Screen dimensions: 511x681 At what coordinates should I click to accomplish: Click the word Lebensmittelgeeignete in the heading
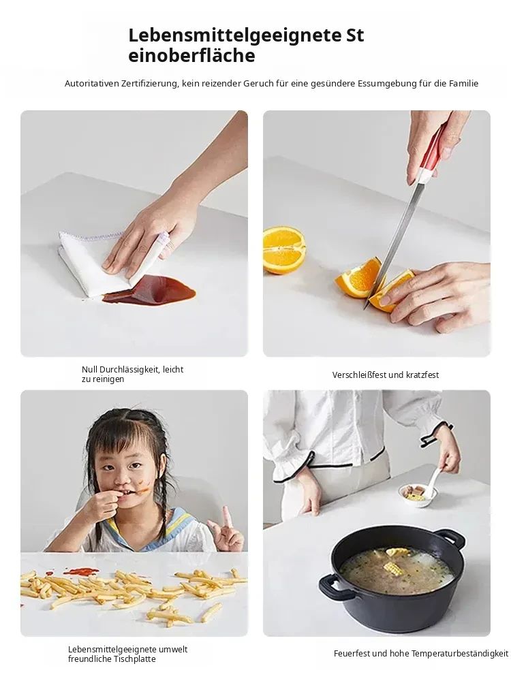234,36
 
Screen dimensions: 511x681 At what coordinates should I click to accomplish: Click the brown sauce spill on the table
150,289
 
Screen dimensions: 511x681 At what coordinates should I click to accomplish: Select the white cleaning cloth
108,262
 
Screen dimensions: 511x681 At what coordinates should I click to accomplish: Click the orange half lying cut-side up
284,249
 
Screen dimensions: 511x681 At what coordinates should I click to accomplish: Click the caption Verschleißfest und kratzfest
386,375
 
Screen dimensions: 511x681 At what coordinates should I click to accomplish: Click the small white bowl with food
412,494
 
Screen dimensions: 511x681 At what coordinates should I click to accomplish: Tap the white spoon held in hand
435,483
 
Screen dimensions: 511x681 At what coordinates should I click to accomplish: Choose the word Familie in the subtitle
463,83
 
